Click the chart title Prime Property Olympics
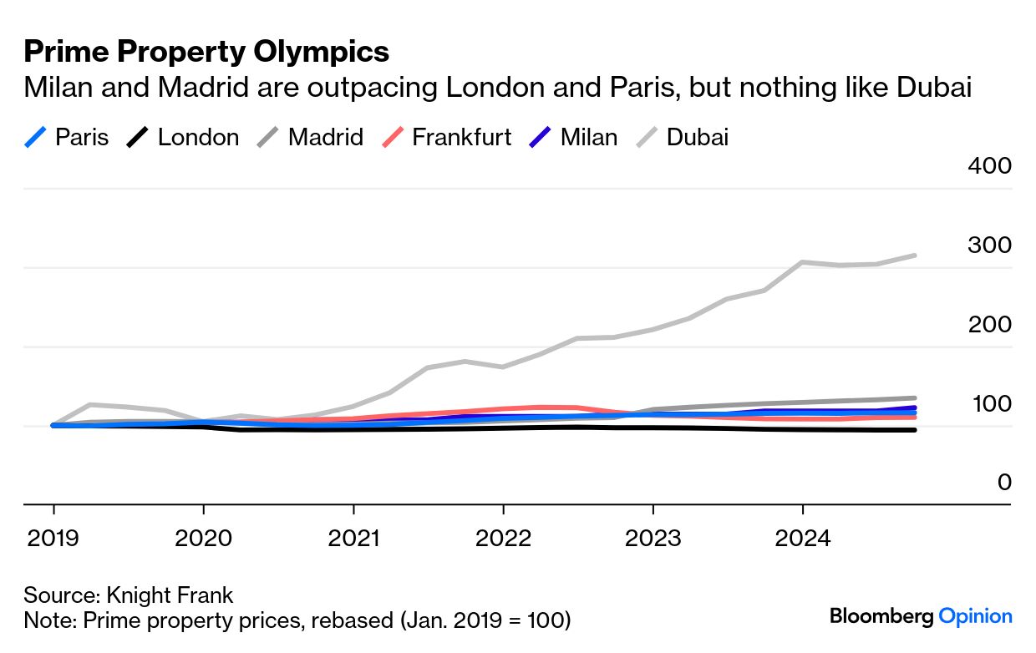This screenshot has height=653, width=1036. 206,53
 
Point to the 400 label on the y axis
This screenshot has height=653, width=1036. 989,165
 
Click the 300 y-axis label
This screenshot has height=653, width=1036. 989,246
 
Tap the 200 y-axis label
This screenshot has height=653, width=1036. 989,325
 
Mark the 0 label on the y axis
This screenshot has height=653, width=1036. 1003,483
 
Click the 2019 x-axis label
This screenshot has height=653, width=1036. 53,537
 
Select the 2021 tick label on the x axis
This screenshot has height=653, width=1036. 353,537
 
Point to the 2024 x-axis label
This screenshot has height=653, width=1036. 803,537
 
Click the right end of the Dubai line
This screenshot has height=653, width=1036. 915,256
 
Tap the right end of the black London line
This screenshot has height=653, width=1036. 915,430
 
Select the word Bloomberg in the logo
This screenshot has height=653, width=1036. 881,617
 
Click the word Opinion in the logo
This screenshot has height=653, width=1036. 976,617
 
